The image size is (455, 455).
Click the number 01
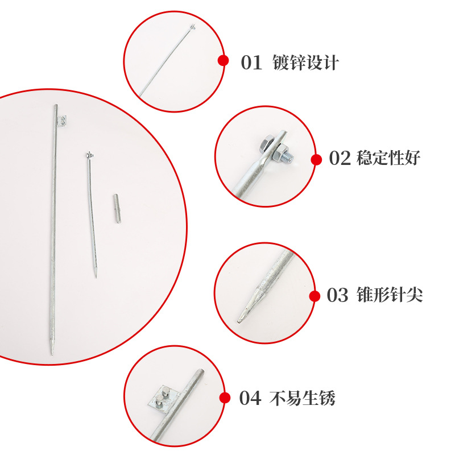coord(251,62)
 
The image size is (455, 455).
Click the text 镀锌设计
coord(305,62)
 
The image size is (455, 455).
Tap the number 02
coord(340,159)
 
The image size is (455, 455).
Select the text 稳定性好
coord(388,159)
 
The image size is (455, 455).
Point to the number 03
coord(337,296)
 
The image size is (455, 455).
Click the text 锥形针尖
coord(388,296)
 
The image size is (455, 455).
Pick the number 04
coord(250,399)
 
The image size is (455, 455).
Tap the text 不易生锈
coord(302,399)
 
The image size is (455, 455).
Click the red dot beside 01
coord(224,60)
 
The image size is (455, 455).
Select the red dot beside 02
coord(316,160)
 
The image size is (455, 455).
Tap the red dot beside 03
coord(315,296)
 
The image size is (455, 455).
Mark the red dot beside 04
coord(225,398)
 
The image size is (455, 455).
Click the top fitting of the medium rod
coord(89,154)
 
